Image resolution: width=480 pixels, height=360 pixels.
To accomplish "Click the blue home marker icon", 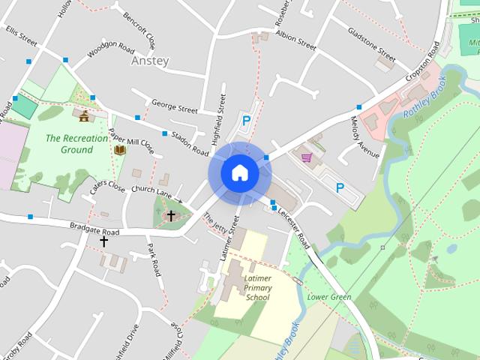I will click(239, 172).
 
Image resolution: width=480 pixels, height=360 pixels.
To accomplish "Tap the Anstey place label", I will click(149, 61).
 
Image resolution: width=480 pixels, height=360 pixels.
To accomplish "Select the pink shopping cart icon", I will click(306, 157).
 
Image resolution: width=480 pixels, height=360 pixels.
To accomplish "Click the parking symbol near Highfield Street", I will click(245, 120).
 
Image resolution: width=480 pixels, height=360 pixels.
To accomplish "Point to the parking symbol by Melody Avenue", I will click(340, 187).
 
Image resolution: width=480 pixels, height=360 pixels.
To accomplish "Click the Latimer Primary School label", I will click(256, 287).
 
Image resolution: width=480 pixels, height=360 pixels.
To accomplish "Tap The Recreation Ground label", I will click(69, 144).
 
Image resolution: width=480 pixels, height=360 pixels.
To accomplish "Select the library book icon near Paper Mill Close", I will click(119, 150).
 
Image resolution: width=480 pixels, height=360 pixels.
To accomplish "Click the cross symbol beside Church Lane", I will click(171, 216).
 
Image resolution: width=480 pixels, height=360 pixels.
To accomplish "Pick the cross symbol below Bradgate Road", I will click(103, 241).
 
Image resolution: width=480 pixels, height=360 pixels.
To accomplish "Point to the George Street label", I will click(174, 106).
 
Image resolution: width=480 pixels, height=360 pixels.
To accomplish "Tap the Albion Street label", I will click(295, 40).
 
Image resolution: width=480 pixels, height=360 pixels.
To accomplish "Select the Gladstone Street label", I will click(371, 44).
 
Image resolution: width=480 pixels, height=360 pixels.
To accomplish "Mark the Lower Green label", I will click(329, 297).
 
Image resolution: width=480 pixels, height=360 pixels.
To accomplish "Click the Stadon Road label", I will click(189, 142).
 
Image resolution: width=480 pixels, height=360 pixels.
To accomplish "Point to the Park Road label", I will click(153, 259).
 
